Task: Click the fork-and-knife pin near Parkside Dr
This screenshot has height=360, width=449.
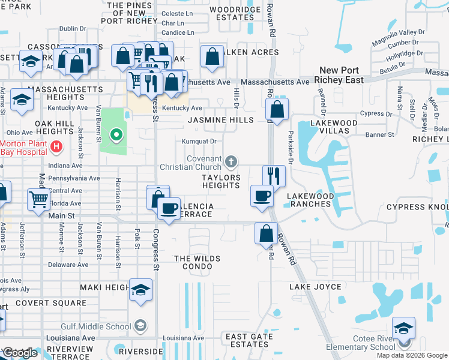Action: pos(274,176)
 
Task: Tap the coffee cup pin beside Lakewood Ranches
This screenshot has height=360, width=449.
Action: pos(262,197)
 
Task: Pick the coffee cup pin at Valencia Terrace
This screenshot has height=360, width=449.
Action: pos(169,209)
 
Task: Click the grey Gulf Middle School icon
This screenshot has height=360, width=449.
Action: pos(140,326)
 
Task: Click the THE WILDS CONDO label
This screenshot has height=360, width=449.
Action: pos(197,263)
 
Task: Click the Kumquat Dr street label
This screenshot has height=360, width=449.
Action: pos(199,142)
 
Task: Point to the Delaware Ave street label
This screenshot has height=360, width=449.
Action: pos(68,265)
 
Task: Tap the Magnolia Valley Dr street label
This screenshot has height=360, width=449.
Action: pos(399,32)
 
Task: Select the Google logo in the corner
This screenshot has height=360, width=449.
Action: pos(19,353)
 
